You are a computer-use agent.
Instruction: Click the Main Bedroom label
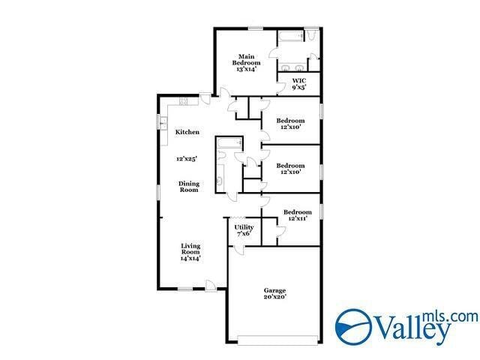(x=246, y=59)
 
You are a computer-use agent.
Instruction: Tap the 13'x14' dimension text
(x=246, y=69)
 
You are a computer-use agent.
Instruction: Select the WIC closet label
(x=298, y=80)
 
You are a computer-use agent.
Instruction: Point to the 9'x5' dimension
(x=298, y=88)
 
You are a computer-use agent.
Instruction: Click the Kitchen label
(x=187, y=132)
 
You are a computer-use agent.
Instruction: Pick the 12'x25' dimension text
(x=187, y=159)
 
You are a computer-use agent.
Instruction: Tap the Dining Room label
(x=187, y=187)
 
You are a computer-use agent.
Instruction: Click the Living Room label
(x=190, y=248)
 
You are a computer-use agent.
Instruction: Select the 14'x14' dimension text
(x=190, y=259)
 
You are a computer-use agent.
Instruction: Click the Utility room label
(x=244, y=226)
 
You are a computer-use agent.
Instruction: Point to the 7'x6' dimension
(x=244, y=234)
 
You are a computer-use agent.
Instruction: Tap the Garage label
(x=274, y=290)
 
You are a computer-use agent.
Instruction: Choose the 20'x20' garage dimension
(x=274, y=298)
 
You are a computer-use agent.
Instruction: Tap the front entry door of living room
(x=212, y=286)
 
